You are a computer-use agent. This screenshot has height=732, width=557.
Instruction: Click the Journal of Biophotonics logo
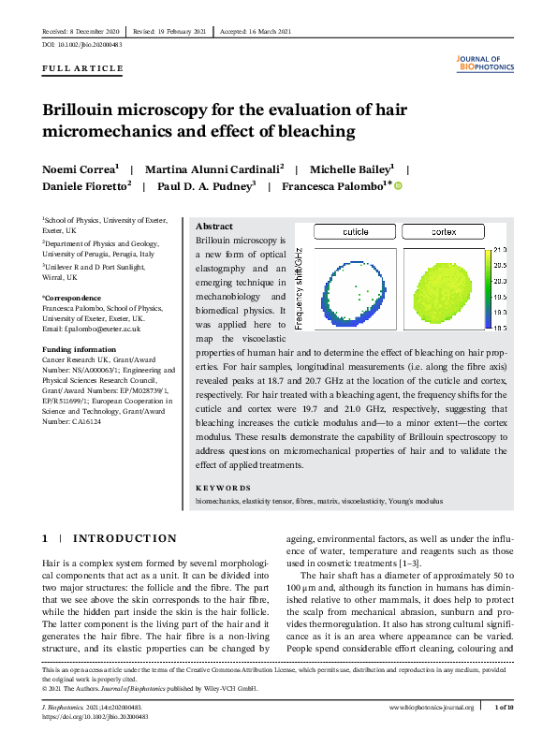(484, 64)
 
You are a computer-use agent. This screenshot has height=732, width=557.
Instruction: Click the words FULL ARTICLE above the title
(82, 69)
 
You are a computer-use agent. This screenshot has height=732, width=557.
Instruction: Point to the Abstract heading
(214, 227)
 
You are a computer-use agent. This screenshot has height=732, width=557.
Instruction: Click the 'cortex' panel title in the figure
(443, 231)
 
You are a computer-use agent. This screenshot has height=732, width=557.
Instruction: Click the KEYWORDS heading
(223, 488)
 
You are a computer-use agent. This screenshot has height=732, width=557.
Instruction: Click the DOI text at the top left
(82, 45)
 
